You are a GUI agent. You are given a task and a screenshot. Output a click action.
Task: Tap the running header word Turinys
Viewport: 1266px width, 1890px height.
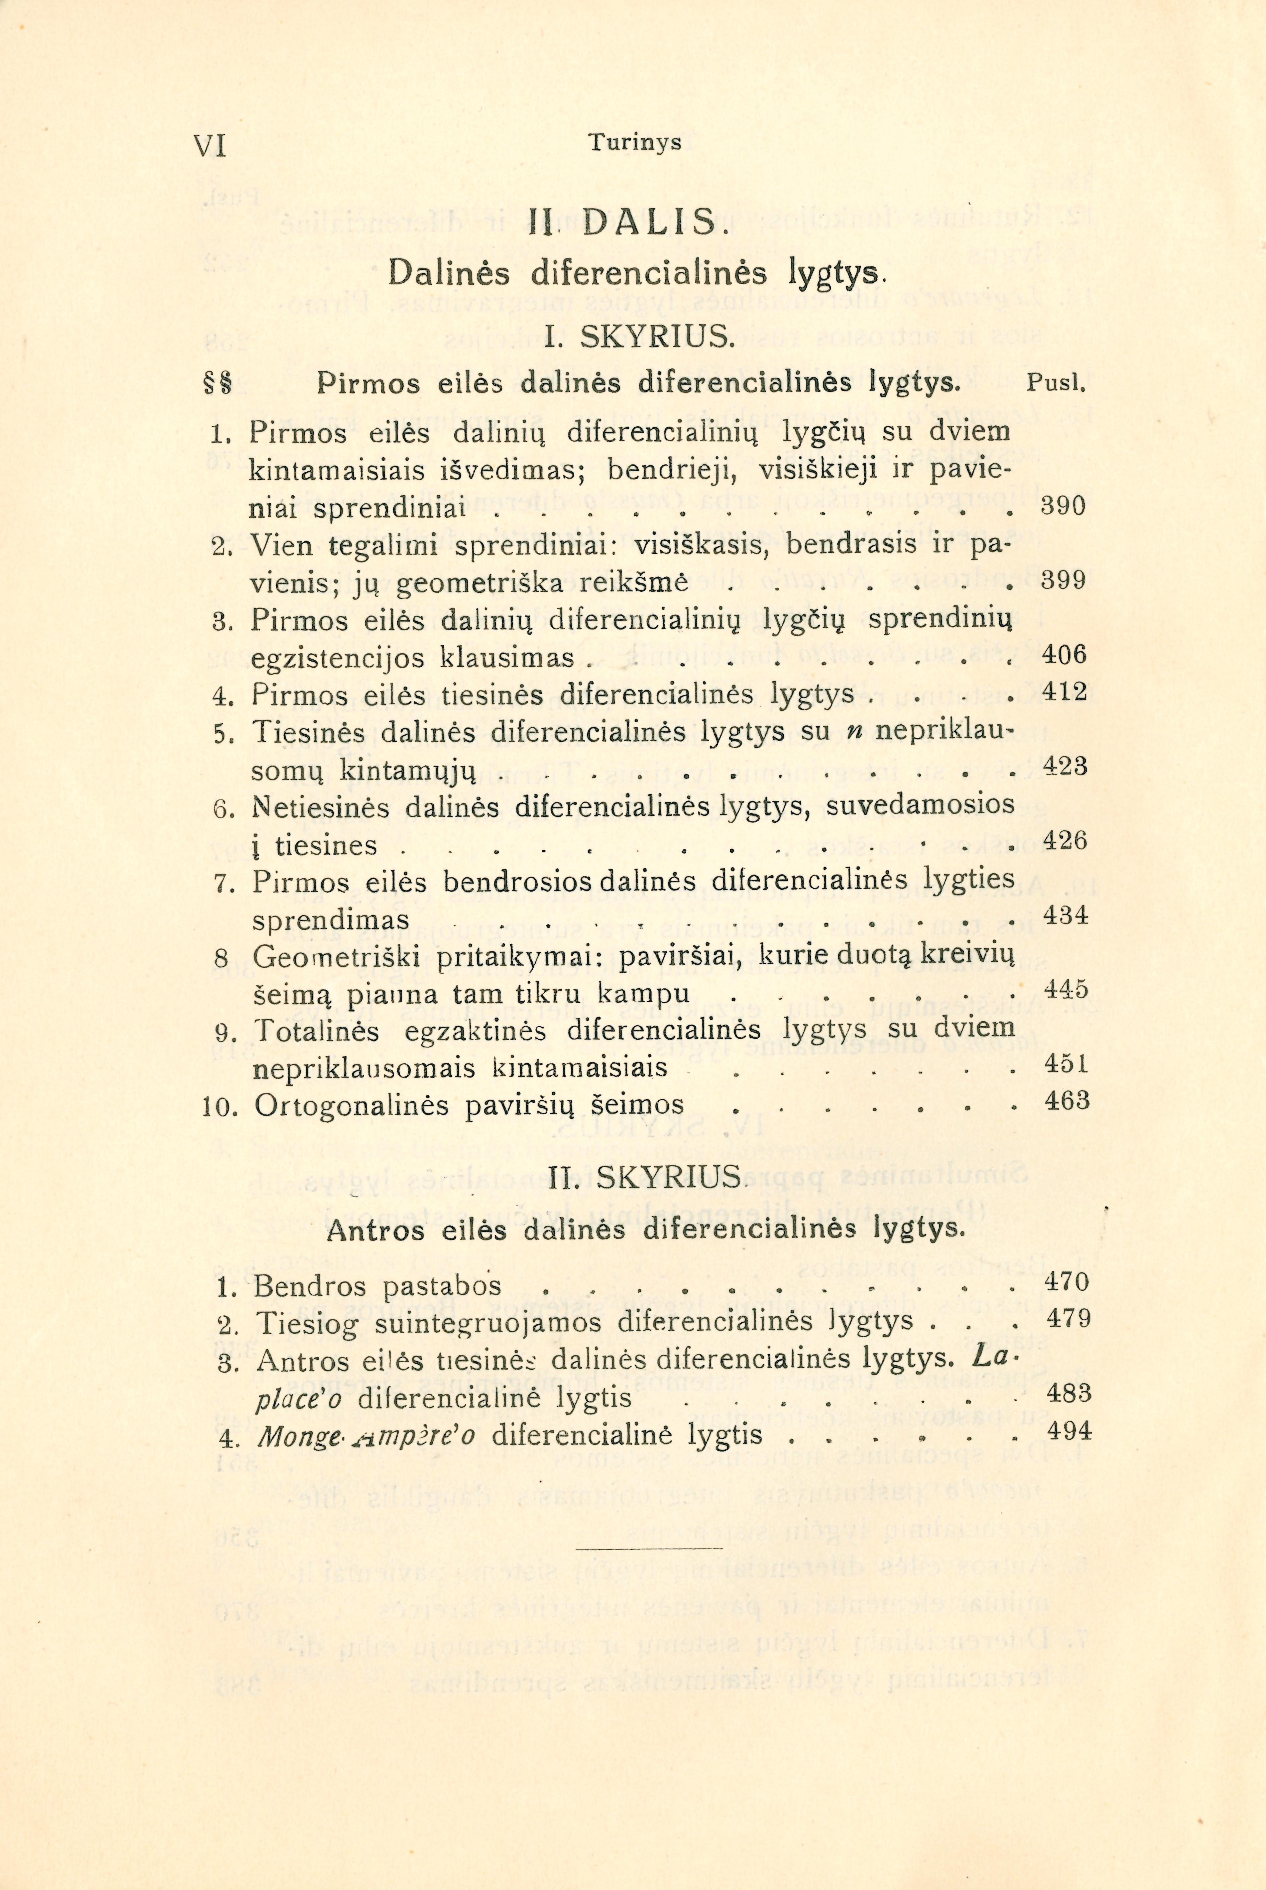[x=635, y=143]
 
